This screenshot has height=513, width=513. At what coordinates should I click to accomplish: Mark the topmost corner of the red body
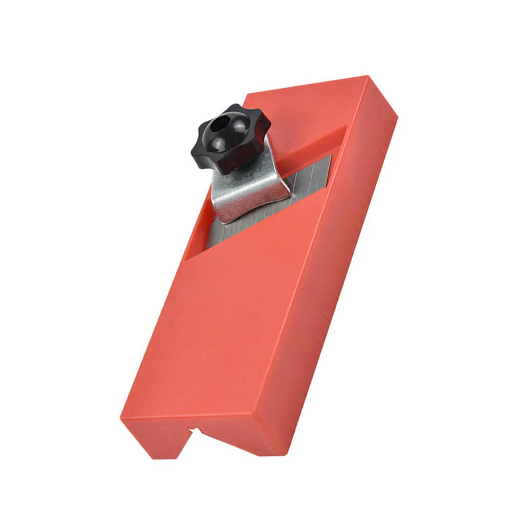368,77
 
